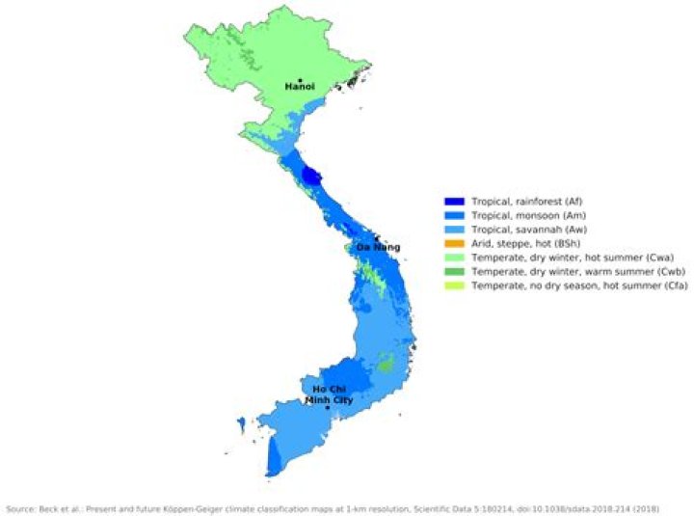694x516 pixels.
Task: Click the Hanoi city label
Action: [x=300, y=88]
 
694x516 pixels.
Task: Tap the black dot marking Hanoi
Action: [x=301, y=80]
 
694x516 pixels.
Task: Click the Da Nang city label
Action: [x=378, y=248]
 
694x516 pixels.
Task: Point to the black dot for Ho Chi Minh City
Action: [x=328, y=408]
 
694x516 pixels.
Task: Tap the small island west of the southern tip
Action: [x=240, y=421]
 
